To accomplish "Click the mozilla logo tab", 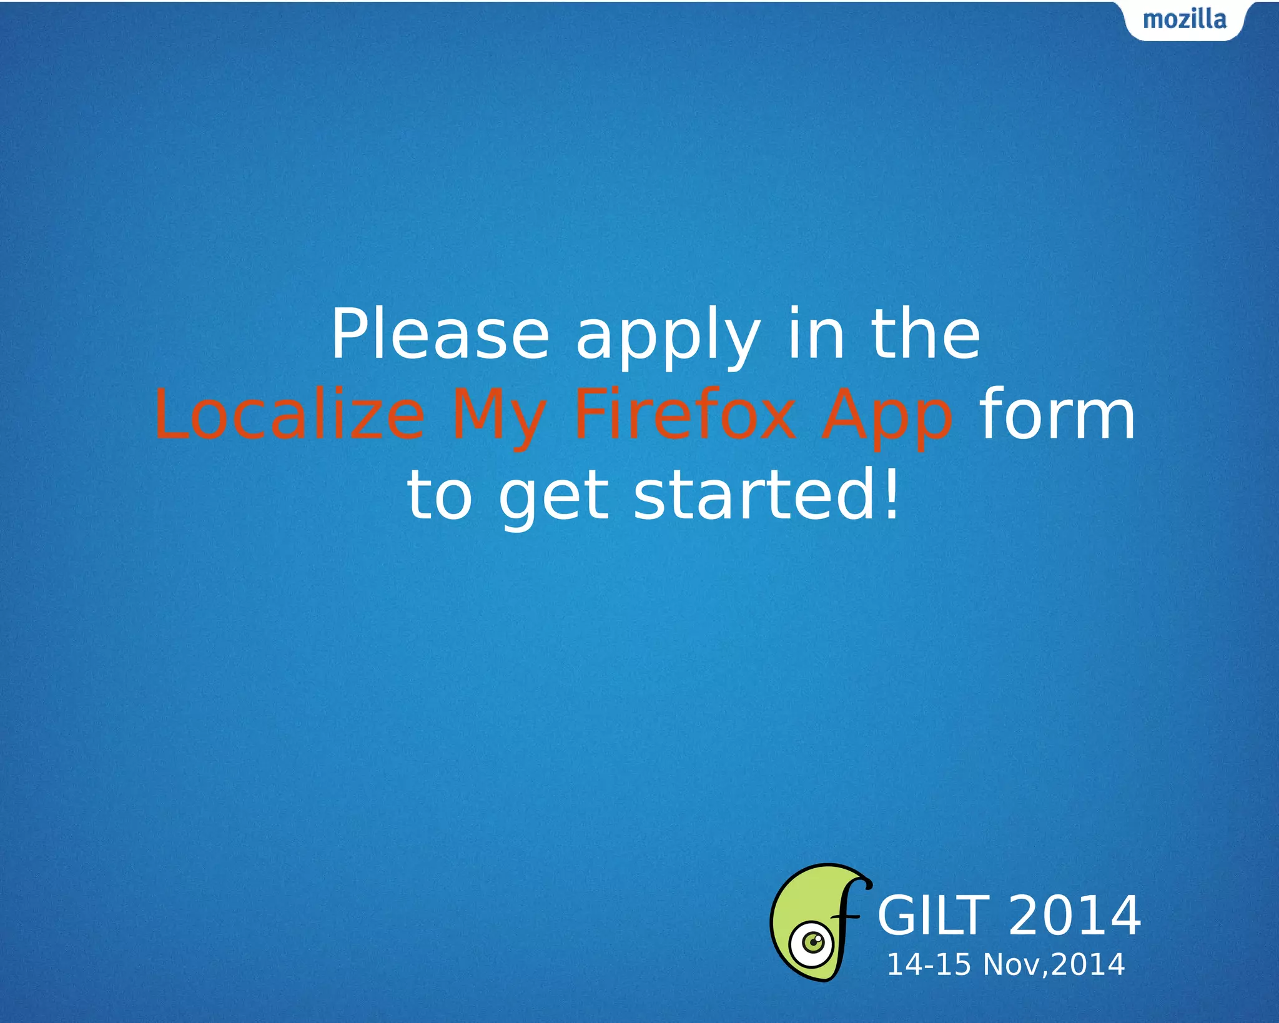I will coord(1184,20).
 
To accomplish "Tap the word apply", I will coord(668,337).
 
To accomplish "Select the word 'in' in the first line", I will coord(816,335).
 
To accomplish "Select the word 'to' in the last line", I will coord(440,496).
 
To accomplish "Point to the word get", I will coord(553,498).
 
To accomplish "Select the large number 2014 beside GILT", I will coord(1074,916).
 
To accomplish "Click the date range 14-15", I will coord(929,965).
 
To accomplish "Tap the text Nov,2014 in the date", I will coord(1054,965).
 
